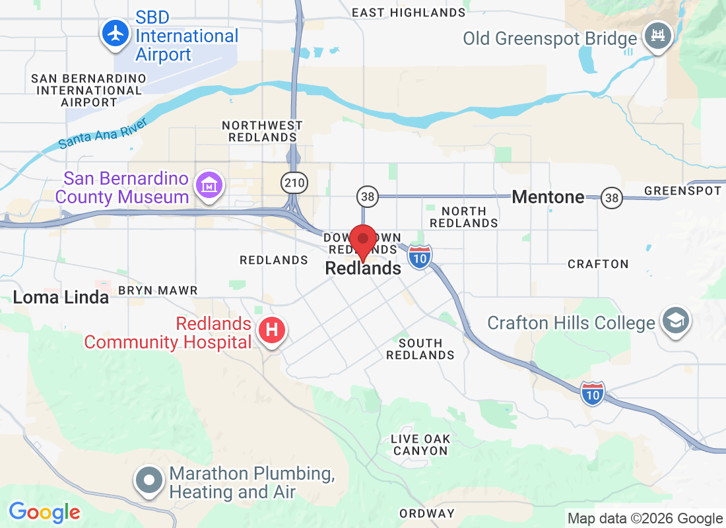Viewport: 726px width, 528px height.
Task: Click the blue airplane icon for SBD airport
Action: (x=117, y=33)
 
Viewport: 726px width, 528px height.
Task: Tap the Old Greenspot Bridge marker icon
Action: (x=657, y=34)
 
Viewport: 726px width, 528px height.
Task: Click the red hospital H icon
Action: (x=271, y=329)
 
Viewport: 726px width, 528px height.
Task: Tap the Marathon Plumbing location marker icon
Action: (x=150, y=480)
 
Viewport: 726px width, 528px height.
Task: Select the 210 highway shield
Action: (x=291, y=182)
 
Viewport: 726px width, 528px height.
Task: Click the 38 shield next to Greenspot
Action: (x=612, y=197)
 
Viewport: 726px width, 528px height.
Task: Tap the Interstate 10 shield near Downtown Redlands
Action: (x=420, y=257)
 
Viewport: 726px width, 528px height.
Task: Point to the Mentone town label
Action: (x=548, y=197)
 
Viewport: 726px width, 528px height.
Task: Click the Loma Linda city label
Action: (x=61, y=298)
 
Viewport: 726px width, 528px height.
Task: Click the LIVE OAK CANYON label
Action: (x=420, y=445)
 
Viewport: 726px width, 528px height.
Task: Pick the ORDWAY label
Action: (x=427, y=513)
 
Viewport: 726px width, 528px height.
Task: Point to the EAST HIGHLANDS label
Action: (x=409, y=13)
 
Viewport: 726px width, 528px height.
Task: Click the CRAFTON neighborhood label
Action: (x=598, y=264)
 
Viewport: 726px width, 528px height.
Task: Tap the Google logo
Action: (x=44, y=511)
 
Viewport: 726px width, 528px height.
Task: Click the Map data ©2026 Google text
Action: (x=645, y=519)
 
